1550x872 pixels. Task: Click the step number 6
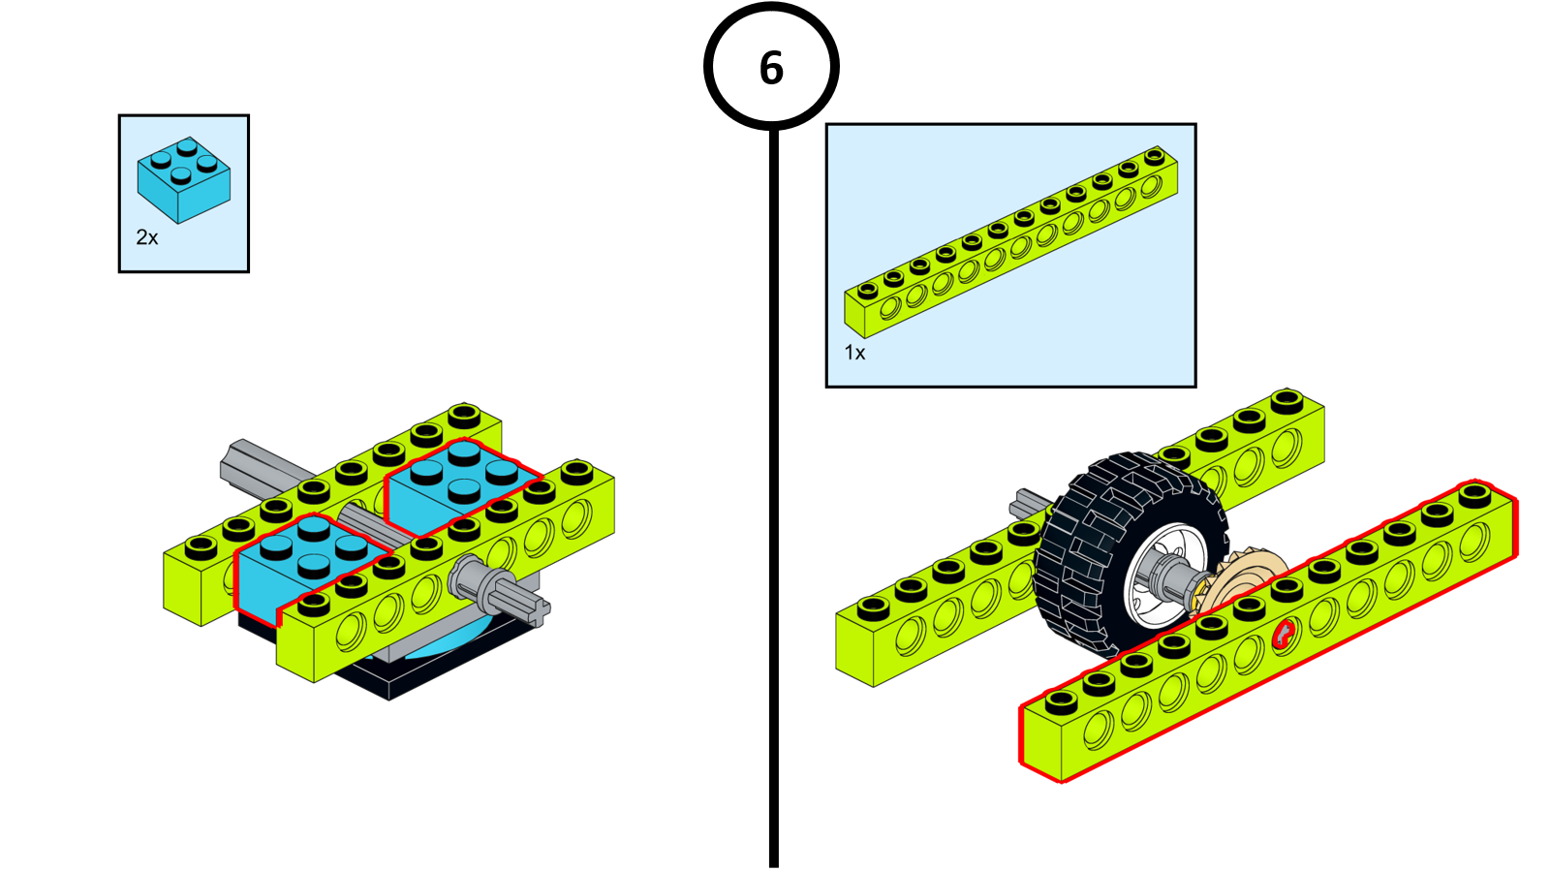coord(771,68)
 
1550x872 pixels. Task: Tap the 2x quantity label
coord(147,237)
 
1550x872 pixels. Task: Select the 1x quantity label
coord(854,353)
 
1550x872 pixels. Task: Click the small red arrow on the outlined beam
coord(1283,635)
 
